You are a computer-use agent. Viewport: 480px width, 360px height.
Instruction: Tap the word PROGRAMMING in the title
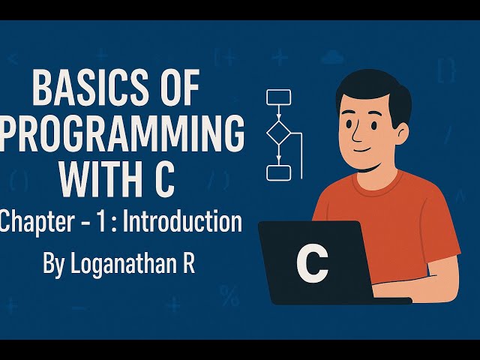pos(121,136)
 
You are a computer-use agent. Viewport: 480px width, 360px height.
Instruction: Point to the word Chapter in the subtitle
pos(34,222)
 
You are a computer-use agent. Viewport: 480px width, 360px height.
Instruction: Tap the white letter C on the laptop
pos(312,262)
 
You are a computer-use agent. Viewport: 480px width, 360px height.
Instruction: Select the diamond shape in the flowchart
pos(278,133)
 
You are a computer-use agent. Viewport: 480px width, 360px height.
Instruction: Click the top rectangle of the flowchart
pos(278,97)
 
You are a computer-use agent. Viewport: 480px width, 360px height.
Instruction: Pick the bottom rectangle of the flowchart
pos(278,172)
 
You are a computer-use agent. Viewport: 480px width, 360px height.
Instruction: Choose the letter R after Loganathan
pos(187,265)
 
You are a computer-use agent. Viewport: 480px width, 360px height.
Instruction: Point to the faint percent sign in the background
pos(229,297)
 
